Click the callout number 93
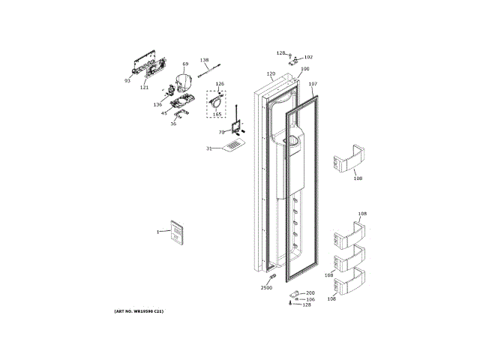pyautogui.click(x=127, y=80)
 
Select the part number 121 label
pyautogui.click(x=144, y=87)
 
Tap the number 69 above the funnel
pyautogui.click(x=185, y=64)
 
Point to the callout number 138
pyautogui.click(x=204, y=60)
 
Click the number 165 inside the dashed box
pyautogui.click(x=217, y=114)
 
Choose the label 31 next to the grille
pyautogui.click(x=209, y=148)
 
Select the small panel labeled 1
pyautogui.click(x=175, y=233)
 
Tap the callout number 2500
pyautogui.click(x=267, y=288)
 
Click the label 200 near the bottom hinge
pyautogui.click(x=310, y=292)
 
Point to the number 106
pyautogui.click(x=310, y=299)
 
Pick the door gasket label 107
pyautogui.click(x=313, y=84)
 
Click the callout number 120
pyautogui.click(x=271, y=73)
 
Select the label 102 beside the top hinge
pyautogui.click(x=308, y=57)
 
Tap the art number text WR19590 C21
pyautogui.click(x=139, y=310)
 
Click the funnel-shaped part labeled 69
pyautogui.click(x=184, y=82)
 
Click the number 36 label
pyautogui.click(x=173, y=124)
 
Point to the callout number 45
pyautogui.click(x=163, y=113)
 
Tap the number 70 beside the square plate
pyautogui.click(x=221, y=132)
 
